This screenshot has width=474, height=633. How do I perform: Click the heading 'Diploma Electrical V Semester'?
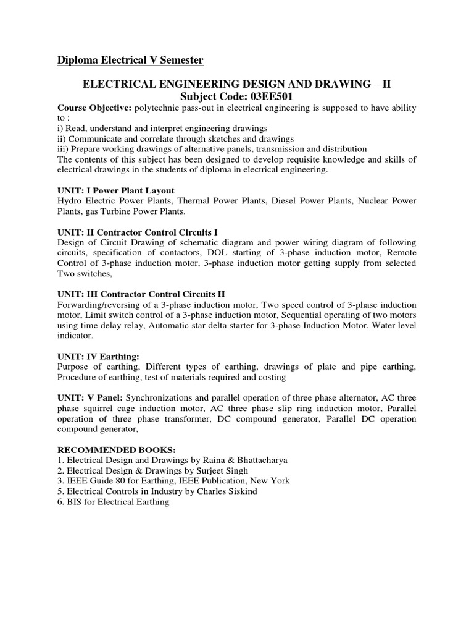[x=130, y=60]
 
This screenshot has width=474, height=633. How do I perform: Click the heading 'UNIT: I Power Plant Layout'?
[x=116, y=190]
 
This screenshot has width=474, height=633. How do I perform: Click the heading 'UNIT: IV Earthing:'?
[x=99, y=356]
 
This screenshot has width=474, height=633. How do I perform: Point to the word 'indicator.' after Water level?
[x=75, y=336]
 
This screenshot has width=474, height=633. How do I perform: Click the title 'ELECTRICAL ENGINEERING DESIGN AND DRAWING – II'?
[x=236, y=84]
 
